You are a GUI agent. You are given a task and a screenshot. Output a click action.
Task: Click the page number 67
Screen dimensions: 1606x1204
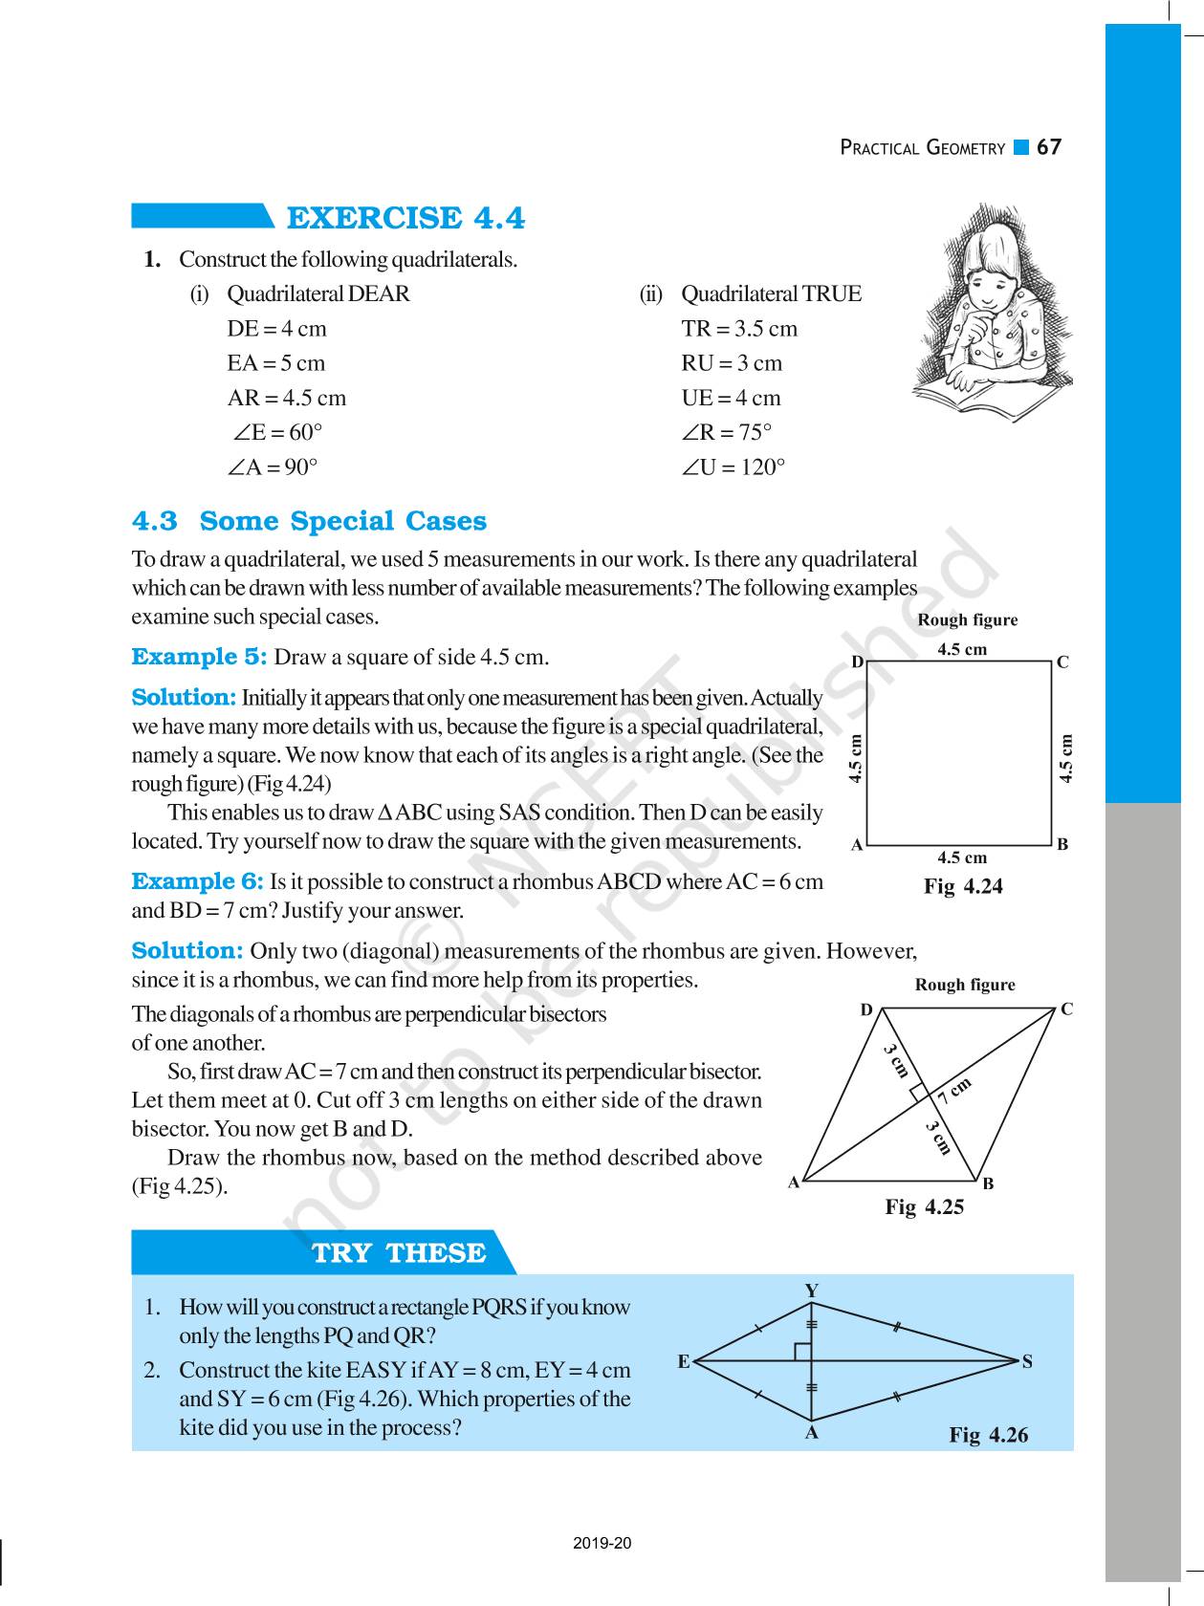[x=1049, y=147]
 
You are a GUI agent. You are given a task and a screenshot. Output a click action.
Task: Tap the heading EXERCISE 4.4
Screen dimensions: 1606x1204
[x=405, y=219]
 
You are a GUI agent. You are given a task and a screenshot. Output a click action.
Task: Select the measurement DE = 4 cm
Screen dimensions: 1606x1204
[x=276, y=329]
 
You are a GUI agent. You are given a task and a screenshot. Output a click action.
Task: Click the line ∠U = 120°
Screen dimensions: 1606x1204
[x=733, y=467]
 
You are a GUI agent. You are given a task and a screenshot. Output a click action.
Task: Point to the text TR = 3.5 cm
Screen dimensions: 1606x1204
[x=739, y=329]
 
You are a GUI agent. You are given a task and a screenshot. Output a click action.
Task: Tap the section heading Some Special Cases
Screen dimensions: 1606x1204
[x=342, y=522]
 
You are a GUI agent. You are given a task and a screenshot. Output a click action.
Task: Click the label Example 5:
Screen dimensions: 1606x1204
[x=199, y=658]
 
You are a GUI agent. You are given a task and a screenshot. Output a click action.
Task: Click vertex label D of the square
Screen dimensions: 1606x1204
[x=857, y=662]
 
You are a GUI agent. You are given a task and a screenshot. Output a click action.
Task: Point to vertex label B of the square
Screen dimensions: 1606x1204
[x=1062, y=844]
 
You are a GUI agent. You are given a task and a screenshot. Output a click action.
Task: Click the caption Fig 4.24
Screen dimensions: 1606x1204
[x=963, y=886]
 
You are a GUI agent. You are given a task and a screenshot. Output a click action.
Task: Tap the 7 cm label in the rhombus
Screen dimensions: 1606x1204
[x=953, y=1090]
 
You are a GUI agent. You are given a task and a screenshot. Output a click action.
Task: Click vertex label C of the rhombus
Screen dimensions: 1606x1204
[x=1066, y=1009]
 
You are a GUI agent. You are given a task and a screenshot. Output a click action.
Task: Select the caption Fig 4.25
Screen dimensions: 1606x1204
[x=924, y=1206]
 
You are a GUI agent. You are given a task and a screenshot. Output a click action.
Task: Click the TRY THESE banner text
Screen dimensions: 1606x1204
[x=399, y=1253]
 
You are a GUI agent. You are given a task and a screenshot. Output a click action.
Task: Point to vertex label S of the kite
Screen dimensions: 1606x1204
[x=1027, y=1361]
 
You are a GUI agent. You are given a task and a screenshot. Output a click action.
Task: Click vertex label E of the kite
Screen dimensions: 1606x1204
[x=684, y=1361]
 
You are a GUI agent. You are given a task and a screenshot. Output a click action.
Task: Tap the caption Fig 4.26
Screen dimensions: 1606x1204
[x=988, y=1435]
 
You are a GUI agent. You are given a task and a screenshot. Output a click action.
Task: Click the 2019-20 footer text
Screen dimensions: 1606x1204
[x=602, y=1543]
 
